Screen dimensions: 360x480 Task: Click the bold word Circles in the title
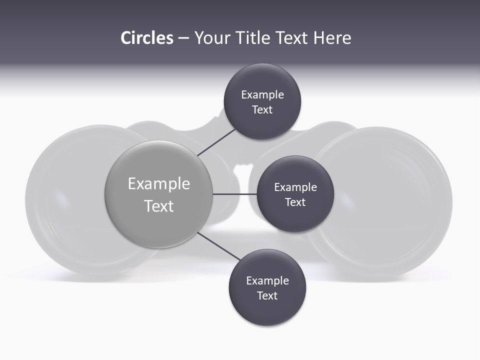click(147, 38)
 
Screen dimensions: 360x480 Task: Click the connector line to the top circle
click(216, 141)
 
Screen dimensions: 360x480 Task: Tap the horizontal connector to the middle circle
click(235, 194)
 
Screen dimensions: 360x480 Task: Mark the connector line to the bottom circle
click(219, 245)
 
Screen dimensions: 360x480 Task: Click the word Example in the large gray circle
click(159, 184)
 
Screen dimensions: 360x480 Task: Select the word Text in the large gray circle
click(159, 206)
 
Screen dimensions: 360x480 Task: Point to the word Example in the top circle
click(262, 95)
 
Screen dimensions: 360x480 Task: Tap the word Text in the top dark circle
click(262, 110)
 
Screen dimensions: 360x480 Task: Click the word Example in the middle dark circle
click(295, 187)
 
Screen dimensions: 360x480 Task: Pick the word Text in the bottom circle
click(267, 295)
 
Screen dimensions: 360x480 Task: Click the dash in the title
click(183, 38)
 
